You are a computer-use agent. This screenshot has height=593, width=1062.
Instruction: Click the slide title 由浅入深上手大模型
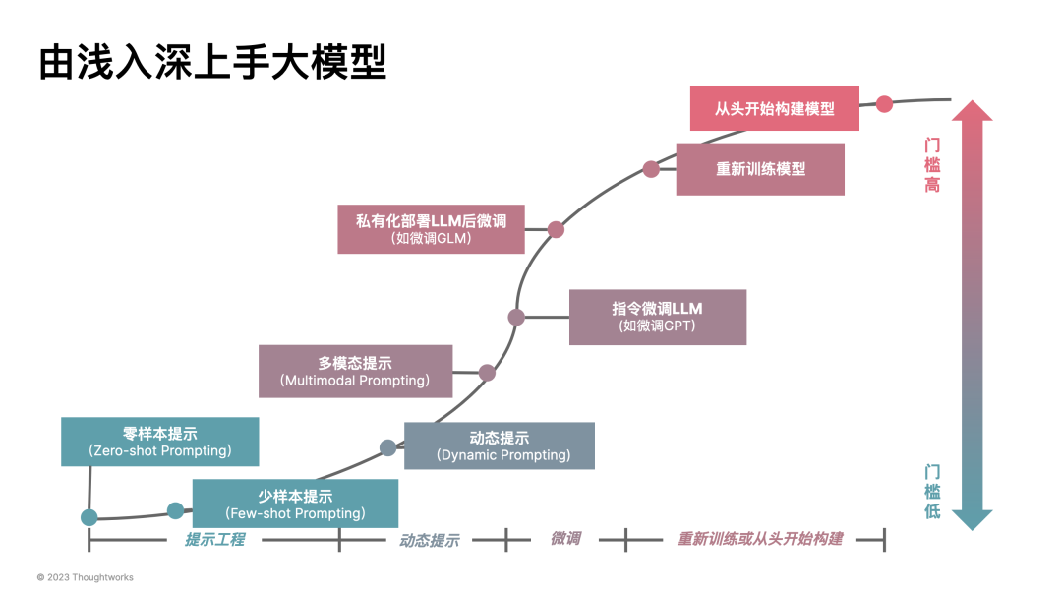click(x=212, y=61)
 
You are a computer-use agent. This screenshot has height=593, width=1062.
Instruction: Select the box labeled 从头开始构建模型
click(x=774, y=108)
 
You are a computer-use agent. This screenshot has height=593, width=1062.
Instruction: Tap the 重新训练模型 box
click(x=760, y=169)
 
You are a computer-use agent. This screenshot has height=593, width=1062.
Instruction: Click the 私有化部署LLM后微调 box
click(x=431, y=228)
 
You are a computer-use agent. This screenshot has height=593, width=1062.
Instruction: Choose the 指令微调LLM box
click(x=657, y=317)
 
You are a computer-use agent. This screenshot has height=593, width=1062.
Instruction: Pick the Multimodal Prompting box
click(x=355, y=371)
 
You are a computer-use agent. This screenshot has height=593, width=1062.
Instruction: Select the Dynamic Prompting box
click(x=500, y=445)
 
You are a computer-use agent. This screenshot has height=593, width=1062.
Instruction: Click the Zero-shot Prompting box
click(x=159, y=442)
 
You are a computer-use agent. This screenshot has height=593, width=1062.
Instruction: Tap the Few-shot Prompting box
click(x=295, y=504)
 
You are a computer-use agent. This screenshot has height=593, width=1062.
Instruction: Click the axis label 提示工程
click(x=214, y=539)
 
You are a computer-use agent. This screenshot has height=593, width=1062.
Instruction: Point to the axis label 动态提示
click(x=429, y=540)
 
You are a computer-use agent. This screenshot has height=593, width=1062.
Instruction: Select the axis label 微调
click(x=564, y=539)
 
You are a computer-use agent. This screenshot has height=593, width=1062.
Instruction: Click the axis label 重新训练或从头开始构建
click(x=759, y=539)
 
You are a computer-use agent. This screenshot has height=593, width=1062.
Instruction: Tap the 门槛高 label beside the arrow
click(x=931, y=164)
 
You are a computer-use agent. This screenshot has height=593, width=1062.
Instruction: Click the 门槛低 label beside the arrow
click(x=931, y=491)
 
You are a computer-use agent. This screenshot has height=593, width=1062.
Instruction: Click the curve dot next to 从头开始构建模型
click(x=884, y=103)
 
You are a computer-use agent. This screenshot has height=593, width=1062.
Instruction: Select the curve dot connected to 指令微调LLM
click(x=516, y=317)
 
